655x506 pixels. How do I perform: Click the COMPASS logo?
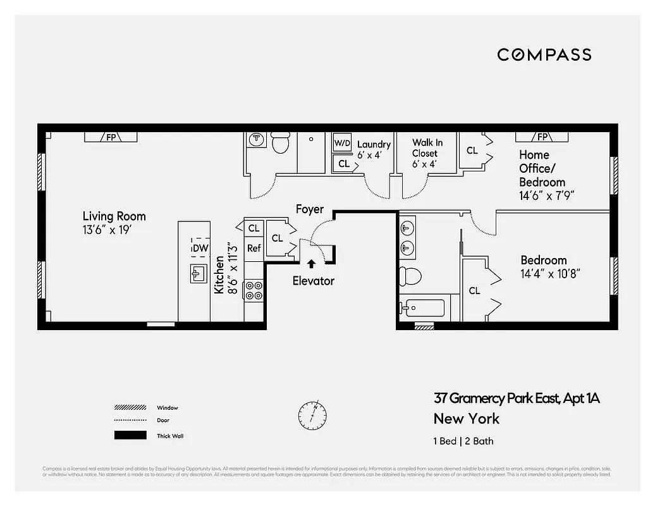(544, 55)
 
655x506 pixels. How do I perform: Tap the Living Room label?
(114, 216)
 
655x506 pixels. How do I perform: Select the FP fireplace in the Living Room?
(111, 137)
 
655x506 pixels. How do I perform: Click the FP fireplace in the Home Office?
(542, 137)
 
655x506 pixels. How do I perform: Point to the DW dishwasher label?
(200, 248)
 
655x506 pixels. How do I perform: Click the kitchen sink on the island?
(197, 273)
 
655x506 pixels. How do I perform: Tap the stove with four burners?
(254, 290)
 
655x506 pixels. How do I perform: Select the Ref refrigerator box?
(254, 248)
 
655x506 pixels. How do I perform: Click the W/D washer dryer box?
(342, 143)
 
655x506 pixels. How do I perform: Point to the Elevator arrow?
(310, 264)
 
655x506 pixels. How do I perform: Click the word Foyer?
(310, 209)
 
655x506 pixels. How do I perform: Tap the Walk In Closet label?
(427, 148)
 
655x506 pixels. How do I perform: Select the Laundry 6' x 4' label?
(374, 149)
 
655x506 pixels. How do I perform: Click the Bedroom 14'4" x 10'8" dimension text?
(550, 274)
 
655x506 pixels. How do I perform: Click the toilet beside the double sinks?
(410, 276)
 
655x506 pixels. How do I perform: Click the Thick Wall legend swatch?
(130, 435)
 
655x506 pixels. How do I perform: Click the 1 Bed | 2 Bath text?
(463, 441)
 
